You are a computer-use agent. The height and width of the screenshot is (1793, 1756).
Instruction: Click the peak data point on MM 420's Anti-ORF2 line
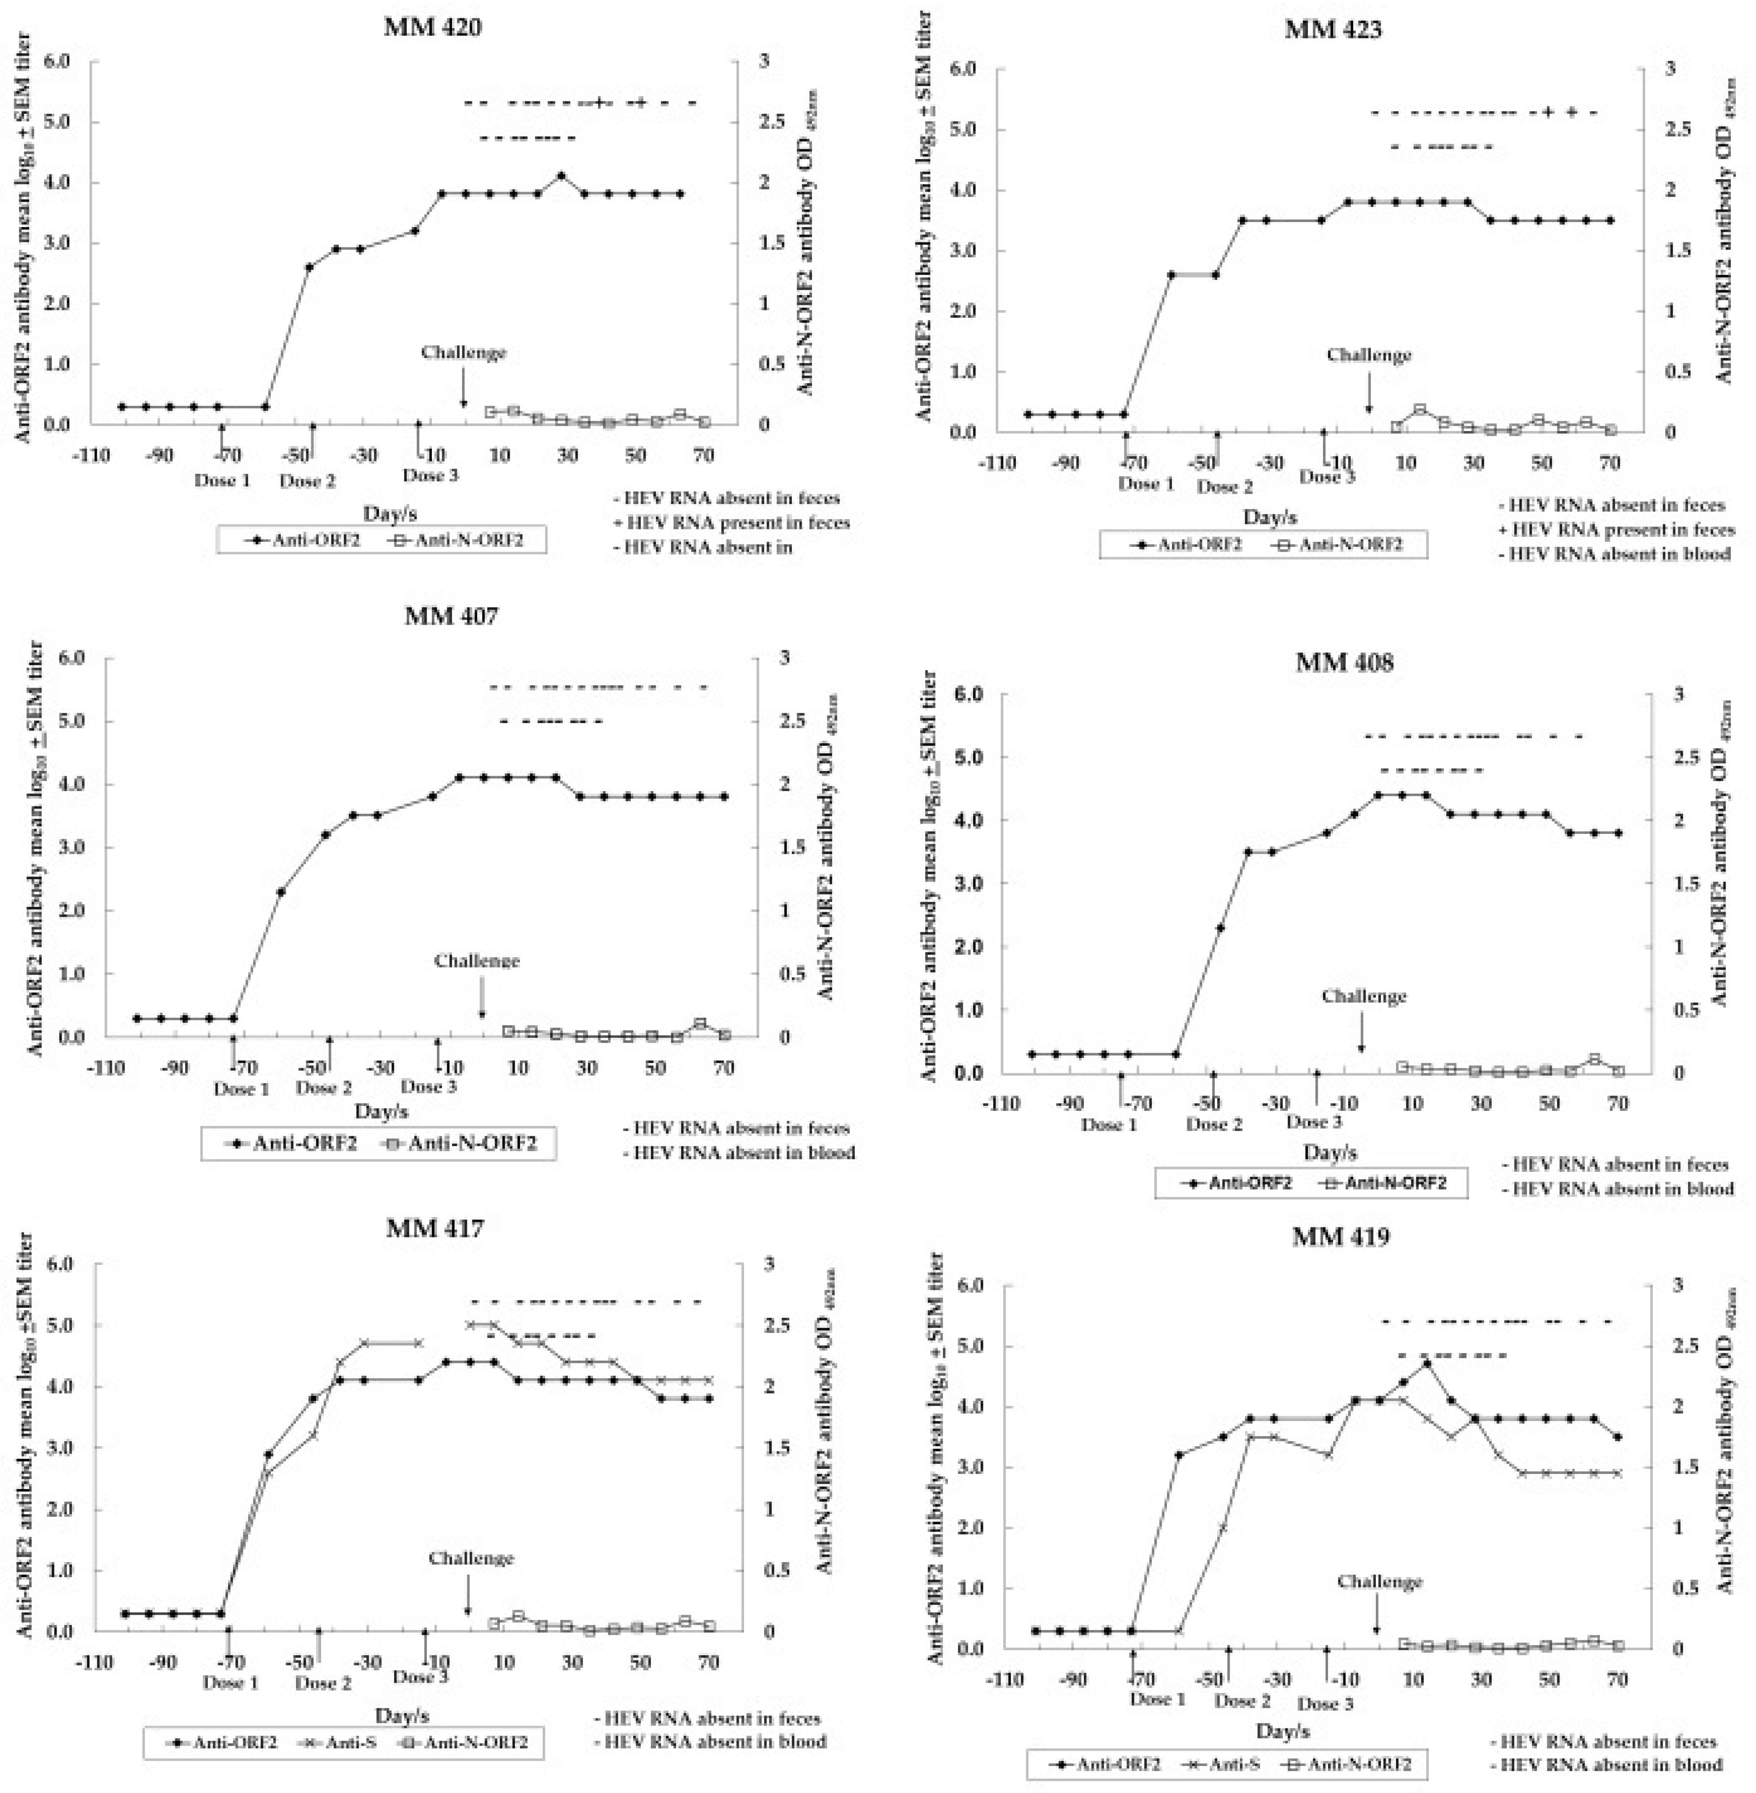click(x=561, y=175)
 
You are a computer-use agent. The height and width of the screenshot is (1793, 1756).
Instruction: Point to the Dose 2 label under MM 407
click(x=324, y=1088)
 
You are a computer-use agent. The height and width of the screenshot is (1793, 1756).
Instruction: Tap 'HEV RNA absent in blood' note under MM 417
click(x=715, y=1741)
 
